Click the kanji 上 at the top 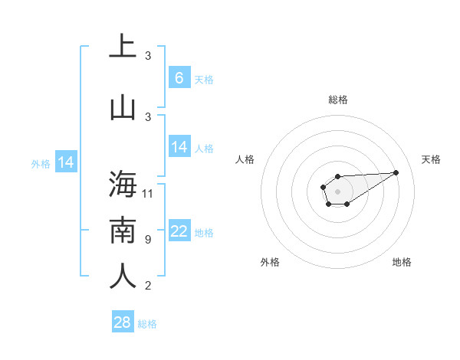[123, 47]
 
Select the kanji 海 [123, 185]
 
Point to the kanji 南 [123, 231]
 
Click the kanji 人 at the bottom [123, 277]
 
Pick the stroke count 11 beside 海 [148, 193]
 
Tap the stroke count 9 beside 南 [148, 240]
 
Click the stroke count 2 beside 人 [148, 286]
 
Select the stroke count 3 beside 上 [148, 56]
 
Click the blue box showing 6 [179, 77]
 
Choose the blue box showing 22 [179, 231]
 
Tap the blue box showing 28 [122, 322]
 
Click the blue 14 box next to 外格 [65, 162]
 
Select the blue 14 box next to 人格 [179, 147]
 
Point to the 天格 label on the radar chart [431, 159]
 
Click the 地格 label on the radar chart [402, 262]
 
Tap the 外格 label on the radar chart [270, 262]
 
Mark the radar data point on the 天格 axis [396, 172]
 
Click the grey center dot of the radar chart [337, 191]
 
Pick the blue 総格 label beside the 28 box [147, 324]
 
